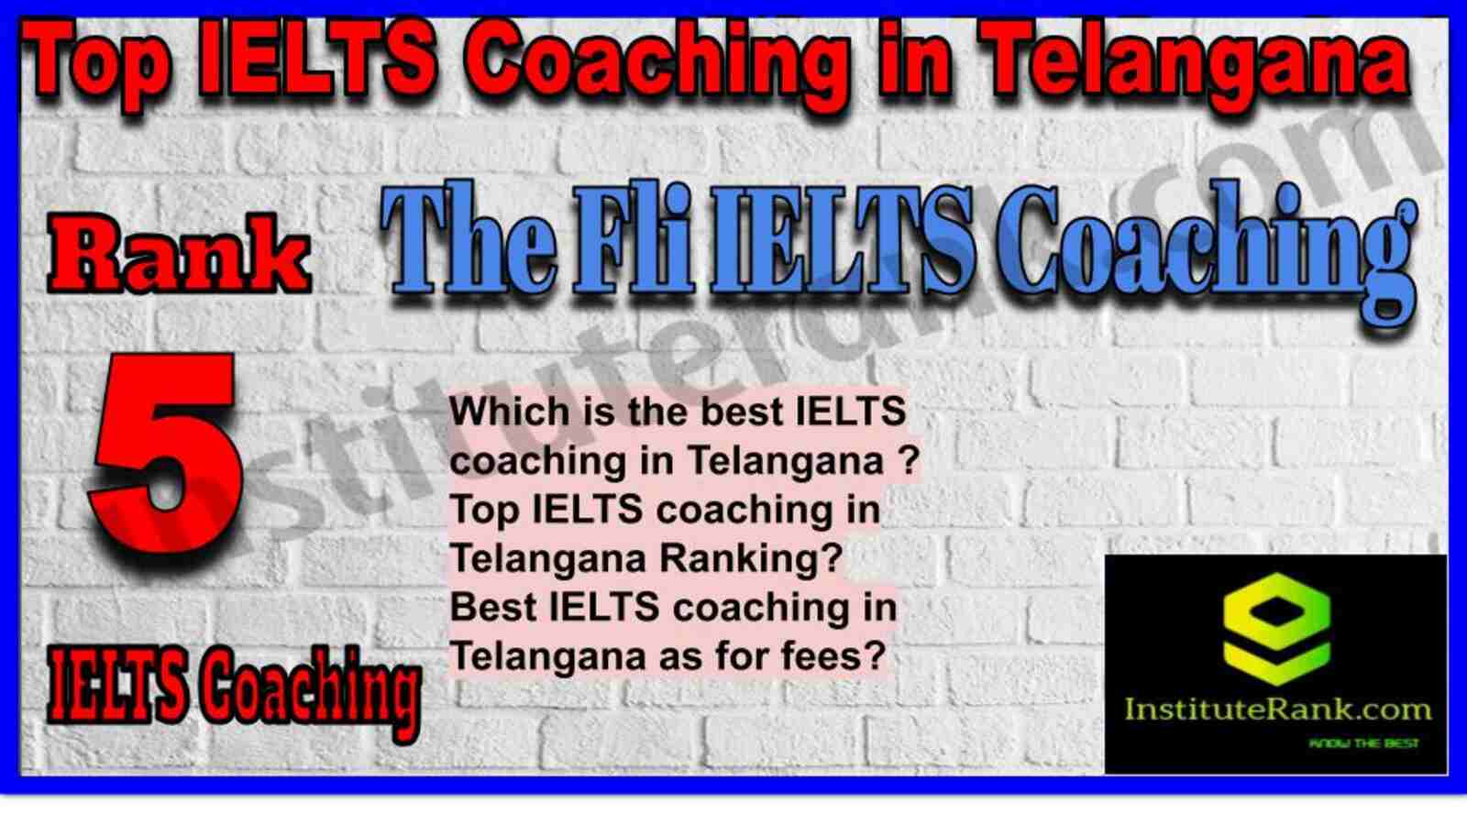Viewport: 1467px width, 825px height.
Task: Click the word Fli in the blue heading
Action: pos(633,241)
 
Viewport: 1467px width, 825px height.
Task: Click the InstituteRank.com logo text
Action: pos(1277,709)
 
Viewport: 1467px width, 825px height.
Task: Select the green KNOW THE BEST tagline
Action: pos(1363,743)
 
